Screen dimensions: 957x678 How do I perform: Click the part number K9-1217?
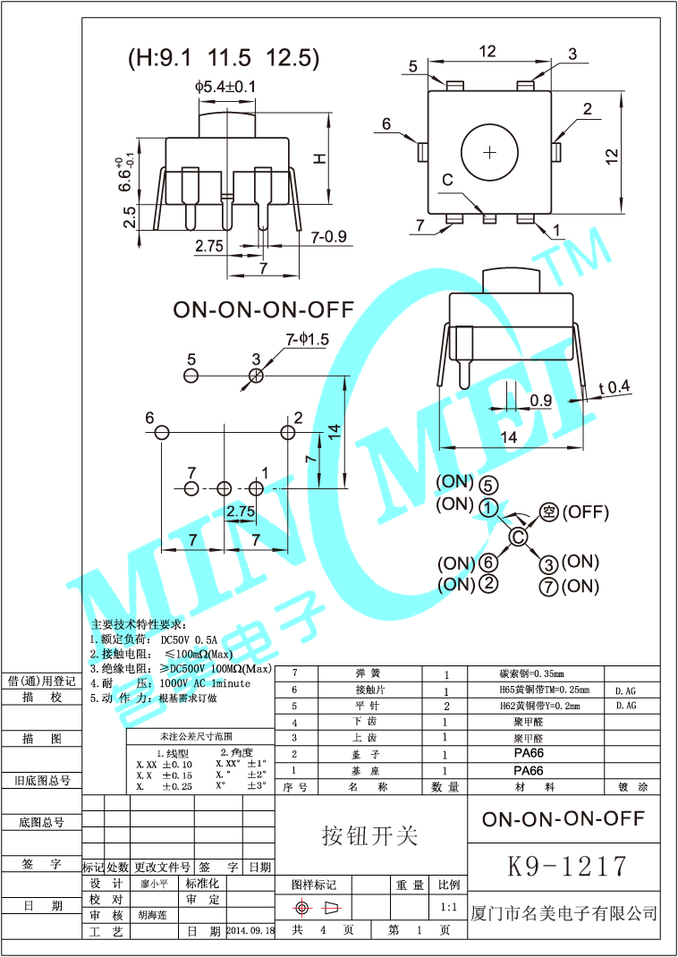(567, 866)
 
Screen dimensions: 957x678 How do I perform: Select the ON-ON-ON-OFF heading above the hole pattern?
(263, 309)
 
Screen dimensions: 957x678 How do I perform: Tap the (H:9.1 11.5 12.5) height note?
(223, 59)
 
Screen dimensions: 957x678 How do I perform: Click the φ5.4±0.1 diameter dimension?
(225, 87)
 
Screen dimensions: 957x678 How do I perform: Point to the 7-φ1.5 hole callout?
(308, 339)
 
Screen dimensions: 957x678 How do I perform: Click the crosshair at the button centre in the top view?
(489, 152)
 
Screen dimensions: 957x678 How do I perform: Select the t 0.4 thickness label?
(614, 387)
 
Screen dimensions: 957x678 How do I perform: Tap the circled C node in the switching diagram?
(517, 537)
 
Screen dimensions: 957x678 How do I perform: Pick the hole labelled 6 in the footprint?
(161, 433)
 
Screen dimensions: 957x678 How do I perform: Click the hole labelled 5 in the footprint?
(191, 376)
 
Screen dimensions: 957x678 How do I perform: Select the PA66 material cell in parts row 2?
(529, 754)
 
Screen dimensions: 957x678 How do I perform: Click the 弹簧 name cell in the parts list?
(368, 673)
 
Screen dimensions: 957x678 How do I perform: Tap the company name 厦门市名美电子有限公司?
(564, 913)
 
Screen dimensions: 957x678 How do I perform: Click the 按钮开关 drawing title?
(369, 835)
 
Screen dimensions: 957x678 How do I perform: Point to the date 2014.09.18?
(250, 931)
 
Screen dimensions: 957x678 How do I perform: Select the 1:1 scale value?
(449, 907)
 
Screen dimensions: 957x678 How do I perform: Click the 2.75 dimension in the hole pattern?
(241, 511)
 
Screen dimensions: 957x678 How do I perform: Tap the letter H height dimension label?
(318, 157)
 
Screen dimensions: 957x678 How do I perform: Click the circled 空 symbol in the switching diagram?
(549, 512)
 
